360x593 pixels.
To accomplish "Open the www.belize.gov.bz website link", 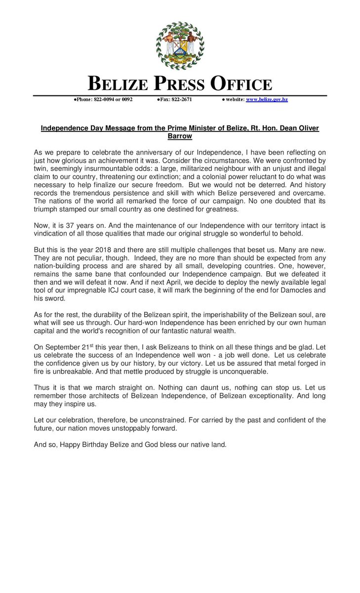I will tap(267, 99).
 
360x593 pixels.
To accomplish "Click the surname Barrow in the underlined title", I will tap(180, 136).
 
